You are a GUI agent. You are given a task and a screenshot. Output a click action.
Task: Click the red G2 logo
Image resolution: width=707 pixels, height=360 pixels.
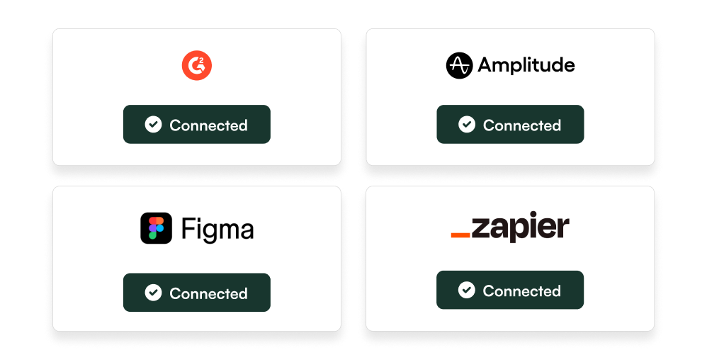[x=196, y=66]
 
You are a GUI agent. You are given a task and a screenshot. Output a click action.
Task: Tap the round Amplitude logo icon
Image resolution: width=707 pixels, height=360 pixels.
[x=458, y=66]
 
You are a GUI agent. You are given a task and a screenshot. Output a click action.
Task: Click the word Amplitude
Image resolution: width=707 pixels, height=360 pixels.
[x=526, y=66]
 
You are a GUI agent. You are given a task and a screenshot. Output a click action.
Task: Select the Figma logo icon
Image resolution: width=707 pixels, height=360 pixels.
[x=156, y=228]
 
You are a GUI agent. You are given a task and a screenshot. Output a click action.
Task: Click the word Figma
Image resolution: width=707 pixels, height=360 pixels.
[x=217, y=229]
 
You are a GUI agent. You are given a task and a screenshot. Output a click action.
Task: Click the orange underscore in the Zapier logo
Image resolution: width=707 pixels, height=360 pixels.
[x=460, y=235]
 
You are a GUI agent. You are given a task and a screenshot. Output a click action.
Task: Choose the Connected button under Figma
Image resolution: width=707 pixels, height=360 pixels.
[x=196, y=292]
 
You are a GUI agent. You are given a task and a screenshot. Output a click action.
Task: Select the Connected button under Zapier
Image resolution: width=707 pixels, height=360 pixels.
[x=509, y=290]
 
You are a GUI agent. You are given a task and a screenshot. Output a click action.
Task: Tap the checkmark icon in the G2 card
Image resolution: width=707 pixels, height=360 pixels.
[x=153, y=125]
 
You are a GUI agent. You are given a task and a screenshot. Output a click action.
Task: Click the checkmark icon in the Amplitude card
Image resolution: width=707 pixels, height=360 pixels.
[x=466, y=125]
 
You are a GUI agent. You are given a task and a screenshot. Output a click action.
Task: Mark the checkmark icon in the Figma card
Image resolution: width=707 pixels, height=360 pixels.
[x=153, y=293]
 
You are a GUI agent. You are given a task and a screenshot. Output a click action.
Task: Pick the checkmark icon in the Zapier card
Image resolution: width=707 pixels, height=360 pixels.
[x=466, y=290]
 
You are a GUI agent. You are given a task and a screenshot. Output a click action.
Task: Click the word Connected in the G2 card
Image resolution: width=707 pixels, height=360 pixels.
[x=208, y=125]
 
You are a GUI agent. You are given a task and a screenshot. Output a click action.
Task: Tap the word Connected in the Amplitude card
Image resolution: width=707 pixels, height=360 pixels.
[x=521, y=125]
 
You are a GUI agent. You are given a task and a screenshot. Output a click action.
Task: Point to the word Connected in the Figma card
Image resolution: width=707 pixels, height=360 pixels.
[x=208, y=293]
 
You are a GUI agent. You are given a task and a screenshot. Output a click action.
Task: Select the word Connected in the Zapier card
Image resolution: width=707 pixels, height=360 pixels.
[x=521, y=291]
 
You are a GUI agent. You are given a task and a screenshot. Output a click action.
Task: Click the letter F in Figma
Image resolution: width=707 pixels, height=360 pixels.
[x=187, y=229]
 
